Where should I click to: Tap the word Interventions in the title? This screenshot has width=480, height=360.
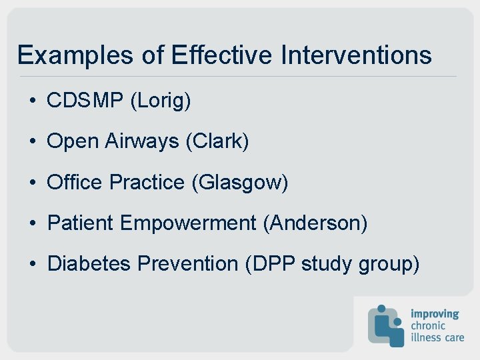356,55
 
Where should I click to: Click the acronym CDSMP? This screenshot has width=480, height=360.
85,101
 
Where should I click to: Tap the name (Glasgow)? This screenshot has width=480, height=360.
239,183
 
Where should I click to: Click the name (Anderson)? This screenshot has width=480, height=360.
315,223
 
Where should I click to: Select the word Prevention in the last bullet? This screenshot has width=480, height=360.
187,263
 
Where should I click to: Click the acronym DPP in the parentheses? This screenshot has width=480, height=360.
271,263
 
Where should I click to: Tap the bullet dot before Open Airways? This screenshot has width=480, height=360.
32,142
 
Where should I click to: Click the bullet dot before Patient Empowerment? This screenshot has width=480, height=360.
32,223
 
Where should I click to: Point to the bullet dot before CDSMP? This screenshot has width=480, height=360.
32,101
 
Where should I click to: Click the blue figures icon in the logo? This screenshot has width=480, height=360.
386,325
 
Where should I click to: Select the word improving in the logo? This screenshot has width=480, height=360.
435,314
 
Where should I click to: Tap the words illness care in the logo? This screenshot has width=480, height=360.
436,337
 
